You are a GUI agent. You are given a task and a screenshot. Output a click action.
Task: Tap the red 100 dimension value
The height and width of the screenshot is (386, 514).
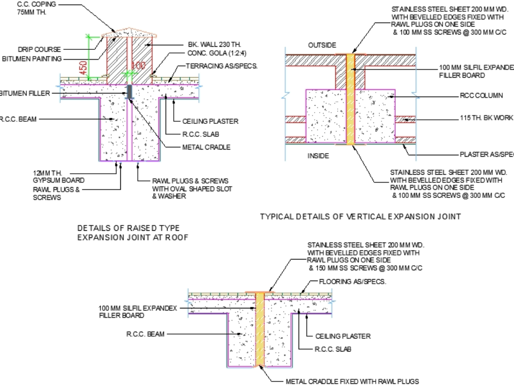(139, 66)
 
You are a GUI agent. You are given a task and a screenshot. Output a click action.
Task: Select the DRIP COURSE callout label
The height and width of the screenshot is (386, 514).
(39, 49)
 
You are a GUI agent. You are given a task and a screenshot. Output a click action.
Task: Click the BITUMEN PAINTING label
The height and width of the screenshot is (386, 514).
(32, 59)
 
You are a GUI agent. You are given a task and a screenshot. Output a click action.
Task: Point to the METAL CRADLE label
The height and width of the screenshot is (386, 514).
(206, 147)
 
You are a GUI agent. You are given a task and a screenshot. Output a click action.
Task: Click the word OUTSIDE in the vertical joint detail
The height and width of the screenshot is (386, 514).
(322, 45)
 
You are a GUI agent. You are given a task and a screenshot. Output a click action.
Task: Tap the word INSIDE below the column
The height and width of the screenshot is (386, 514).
(319, 156)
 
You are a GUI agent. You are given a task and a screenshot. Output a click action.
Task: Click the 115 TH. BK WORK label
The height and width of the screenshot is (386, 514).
(486, 118)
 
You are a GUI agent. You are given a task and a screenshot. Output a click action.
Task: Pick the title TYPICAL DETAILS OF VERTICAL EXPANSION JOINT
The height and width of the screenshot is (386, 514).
(360, 217)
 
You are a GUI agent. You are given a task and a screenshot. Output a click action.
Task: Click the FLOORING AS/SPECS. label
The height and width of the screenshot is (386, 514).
(353, 282)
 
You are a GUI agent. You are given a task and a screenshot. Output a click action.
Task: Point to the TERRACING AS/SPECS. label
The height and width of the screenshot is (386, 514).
(222, 66)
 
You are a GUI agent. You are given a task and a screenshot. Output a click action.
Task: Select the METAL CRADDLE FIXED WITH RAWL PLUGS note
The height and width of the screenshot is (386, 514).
(352, 381)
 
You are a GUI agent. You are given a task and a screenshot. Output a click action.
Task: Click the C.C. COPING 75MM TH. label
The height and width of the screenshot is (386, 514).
(36, 8)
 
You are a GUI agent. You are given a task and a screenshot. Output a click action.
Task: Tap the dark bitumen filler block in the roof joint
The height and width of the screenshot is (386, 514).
(130, 92)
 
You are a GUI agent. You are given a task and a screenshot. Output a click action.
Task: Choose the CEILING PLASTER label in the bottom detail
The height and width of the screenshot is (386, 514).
(343, 336)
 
